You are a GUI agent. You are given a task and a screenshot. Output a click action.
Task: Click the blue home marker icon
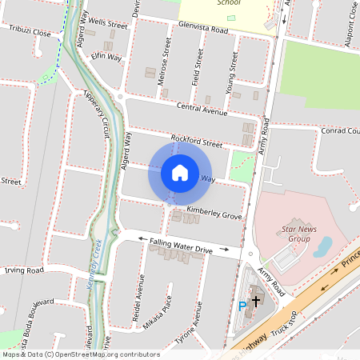pyautogui.click(x=179, y=172)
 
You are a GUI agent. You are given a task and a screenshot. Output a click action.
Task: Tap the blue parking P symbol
pyautogui.click(x=242, y=306)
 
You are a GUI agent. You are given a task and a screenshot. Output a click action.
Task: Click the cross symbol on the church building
pyautogui.click(x=256, y=301)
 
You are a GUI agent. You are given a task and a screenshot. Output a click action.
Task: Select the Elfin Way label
pyautogui.click(x=106, y=57)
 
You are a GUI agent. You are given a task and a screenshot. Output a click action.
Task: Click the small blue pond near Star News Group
pyautogui.click(x=322, y=246)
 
